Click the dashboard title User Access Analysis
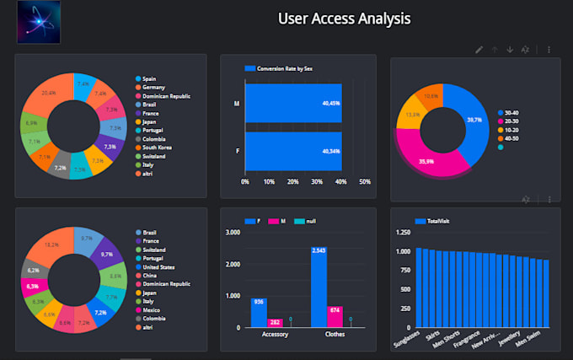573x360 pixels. pyautogui.click(x=344, y=19)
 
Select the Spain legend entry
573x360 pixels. pyautogui.click(x=149, y=78)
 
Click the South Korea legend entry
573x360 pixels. pyautogui.click(x=158, y=147)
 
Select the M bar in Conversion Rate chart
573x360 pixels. pyautogui.click(x=293, y=105)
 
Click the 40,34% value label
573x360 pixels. pyautogui.click(x=331, y=152)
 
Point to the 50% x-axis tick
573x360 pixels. pyautogui.click(x=364, y=181)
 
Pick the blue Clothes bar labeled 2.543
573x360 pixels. pyautogui.click(x=319, y=287)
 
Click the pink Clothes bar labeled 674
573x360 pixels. pyautogui.click(x=335, y=316)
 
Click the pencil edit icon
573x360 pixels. pyautogui.click(x=479, y=50)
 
